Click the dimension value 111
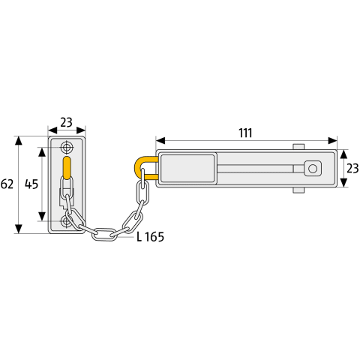[245, 133]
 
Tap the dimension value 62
[7, 184]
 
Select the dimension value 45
[31, 184]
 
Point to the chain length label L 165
[150, 237]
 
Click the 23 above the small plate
[66, 122]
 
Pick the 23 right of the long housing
[352, 169]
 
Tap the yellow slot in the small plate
[67, 168]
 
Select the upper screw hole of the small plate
[67, 147]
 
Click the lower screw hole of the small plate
[67, 221]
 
